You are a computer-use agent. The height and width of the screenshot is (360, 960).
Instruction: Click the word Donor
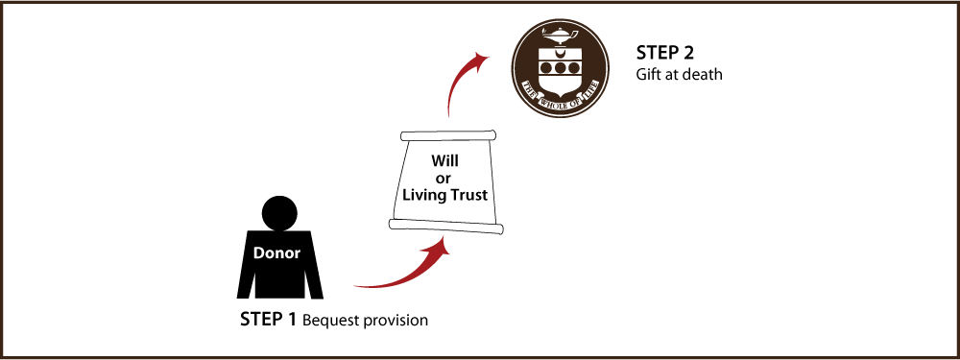(x=276, y=253)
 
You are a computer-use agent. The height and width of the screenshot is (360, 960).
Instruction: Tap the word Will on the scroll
(x=445, y=161)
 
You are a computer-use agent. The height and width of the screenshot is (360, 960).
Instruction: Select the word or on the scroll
(x=444, y=178)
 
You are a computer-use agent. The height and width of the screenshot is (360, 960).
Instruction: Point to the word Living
(x=422, y=195)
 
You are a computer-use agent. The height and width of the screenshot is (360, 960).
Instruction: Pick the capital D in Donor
(x=258, y=253)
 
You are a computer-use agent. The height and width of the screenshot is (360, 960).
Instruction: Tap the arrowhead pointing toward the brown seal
(x=480, y=60)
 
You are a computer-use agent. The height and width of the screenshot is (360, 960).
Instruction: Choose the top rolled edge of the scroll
(x=449, y=135)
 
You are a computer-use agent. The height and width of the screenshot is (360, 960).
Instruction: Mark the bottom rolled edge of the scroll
(x=446, y=226)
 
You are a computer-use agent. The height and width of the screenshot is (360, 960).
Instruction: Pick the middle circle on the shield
(x=560, y=68)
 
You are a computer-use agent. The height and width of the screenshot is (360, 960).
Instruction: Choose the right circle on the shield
(x=572, y=68)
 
